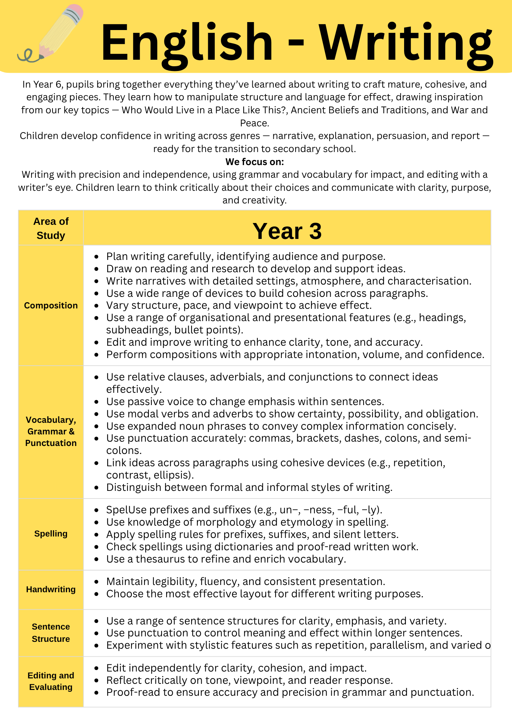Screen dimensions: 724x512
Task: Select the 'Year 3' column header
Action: [287, 231]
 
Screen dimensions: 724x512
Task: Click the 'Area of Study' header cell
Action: [51, 228]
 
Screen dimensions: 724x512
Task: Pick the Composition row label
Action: [51, 306]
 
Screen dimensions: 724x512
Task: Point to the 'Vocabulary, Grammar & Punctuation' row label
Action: [51, 432]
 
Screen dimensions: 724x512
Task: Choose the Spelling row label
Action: [51, 534]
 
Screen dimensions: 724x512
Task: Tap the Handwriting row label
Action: [51, 589]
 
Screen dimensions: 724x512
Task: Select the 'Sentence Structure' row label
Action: [51, 633]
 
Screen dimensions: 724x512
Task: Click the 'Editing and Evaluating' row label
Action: [51, 681]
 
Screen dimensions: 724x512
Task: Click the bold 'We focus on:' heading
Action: [255, 162]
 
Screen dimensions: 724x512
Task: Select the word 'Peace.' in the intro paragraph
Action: [255, 123]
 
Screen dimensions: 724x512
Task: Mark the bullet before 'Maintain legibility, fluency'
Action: [96, 582]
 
